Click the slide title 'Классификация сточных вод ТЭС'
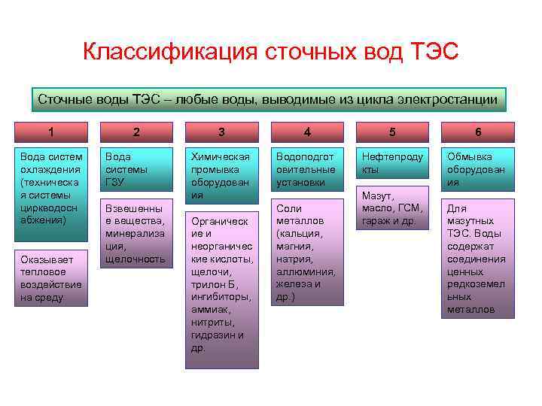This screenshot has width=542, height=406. point(270,53)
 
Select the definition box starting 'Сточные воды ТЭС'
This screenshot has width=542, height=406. point(267,100)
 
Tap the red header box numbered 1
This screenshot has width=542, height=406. point(50,132)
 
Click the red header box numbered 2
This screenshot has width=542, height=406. point(136,132)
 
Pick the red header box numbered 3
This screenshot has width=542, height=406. point(221,132)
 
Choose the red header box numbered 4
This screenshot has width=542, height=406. point(307,132)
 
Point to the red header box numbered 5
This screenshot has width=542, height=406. point(392,132)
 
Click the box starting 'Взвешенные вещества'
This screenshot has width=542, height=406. point(136,233)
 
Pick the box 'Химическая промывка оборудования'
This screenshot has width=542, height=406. point(221,175)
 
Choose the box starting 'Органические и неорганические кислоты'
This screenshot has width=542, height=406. point(221,289)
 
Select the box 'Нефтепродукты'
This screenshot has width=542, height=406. point(392,163)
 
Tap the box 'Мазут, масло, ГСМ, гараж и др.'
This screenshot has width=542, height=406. point(392,208)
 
